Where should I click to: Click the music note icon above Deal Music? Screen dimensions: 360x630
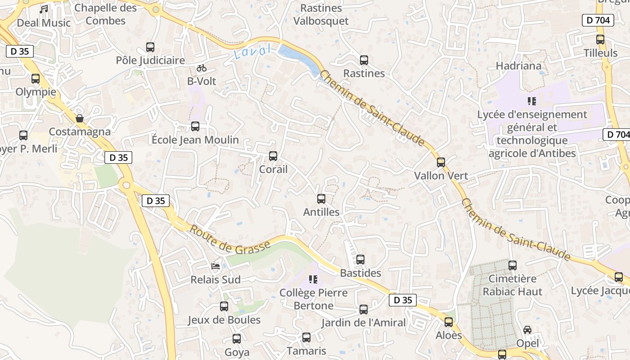44,9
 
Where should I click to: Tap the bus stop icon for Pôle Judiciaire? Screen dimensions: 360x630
150,47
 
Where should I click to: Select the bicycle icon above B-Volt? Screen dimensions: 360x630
202,68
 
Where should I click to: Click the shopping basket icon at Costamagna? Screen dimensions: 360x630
80,118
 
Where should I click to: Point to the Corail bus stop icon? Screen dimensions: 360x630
273,156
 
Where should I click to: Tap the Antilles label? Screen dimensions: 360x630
321,211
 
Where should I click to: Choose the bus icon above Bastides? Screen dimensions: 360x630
360,260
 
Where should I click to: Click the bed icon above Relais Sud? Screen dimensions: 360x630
216,266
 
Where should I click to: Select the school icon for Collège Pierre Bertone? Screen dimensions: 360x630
314,279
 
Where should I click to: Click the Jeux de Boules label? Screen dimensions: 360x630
224,320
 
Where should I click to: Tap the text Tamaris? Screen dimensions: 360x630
306,351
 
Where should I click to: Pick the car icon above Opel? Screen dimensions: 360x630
527,330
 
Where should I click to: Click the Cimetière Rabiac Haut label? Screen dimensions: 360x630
513,285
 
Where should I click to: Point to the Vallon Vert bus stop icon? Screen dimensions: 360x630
441,162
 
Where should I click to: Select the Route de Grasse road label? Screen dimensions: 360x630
230,239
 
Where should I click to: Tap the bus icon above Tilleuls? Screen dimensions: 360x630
600,40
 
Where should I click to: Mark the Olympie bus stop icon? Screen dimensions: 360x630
36,79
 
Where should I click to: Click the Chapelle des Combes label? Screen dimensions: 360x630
106,14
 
